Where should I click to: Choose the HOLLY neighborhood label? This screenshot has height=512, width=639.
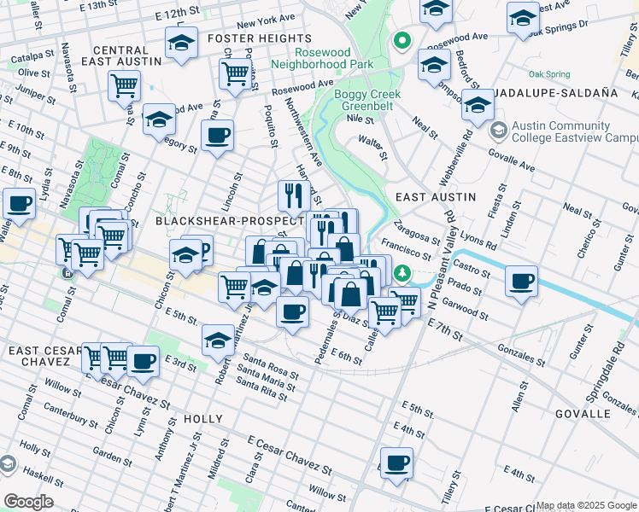point(202,419)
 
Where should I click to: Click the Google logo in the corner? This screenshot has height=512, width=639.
point(28,502)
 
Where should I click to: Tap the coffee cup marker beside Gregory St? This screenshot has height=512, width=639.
point(217,136)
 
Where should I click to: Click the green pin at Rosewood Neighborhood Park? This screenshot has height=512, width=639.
point(400,41)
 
